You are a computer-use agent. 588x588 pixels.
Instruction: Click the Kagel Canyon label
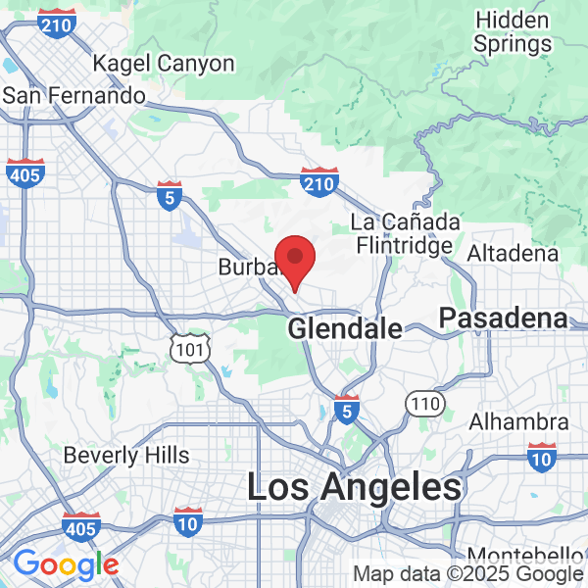(164, 65)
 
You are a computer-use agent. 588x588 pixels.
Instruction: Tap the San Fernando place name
(74, 95)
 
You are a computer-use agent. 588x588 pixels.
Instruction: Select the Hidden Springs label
(511, 31)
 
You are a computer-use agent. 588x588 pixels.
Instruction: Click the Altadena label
(514, 254)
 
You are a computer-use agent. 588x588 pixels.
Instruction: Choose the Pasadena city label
(503, 318)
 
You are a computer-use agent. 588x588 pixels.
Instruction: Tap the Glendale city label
(345, 329)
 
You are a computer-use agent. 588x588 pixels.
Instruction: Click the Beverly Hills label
(126, 456)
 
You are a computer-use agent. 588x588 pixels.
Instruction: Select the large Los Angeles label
(354, 488)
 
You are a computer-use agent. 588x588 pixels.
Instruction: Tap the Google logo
(67, 565)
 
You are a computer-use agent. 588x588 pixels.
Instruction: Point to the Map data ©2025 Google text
(468, 574)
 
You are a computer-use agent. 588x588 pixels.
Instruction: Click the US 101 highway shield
(189, 348)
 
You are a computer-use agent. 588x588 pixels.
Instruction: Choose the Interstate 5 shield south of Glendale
(345, 408)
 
